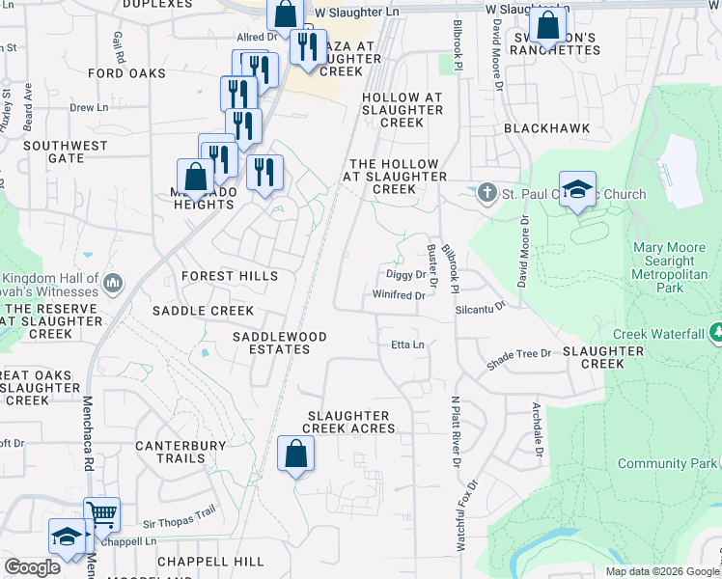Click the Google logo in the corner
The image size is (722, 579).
tap(32, 567)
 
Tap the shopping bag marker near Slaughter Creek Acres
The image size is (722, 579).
tap(295, 454)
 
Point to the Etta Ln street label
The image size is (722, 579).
tap(407, 345)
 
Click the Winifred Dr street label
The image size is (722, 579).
tap(401, 295)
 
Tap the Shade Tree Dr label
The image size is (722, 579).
tap(518, 354)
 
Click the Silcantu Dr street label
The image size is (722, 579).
tap(482, 306)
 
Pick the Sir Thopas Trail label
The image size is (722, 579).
tap(180, 520)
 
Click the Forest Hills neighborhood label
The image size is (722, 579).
tap(230, 277)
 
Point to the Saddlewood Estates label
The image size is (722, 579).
tap(279, 343)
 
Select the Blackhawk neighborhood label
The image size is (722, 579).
tap(546, 128)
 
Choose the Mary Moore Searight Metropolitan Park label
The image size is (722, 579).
tap(669, 261)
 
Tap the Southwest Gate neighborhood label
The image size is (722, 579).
tap(66, 152)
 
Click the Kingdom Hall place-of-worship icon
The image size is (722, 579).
tap(112, 284)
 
